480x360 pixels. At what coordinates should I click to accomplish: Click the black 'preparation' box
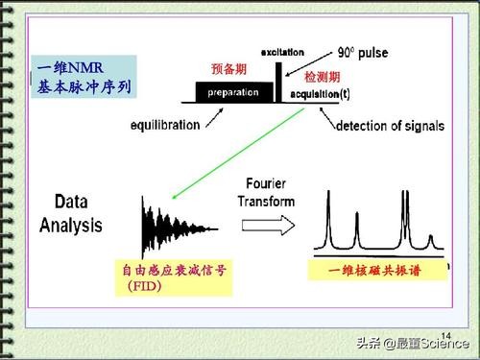(230, 93)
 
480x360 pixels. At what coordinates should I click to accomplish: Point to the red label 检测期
(322, 74)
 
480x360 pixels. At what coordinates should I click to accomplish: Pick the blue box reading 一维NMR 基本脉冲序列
(83, 78)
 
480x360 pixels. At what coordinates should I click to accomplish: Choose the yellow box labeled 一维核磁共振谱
(376, 273)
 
